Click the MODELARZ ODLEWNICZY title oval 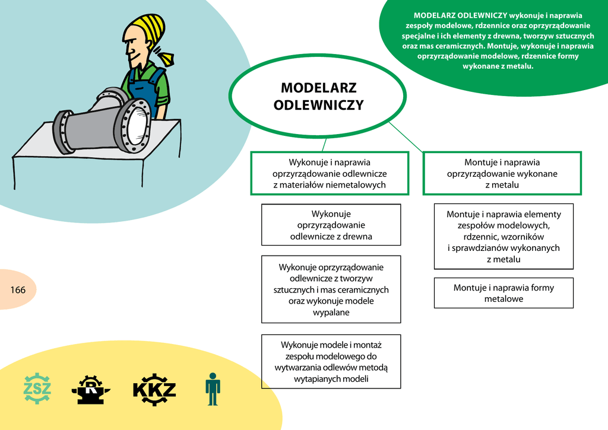318,96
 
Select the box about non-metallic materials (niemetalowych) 330,173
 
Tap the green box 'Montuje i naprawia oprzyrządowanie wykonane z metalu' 502,173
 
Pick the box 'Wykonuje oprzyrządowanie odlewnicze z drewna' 331,225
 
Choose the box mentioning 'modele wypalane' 331,289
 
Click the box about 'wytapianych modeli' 331,361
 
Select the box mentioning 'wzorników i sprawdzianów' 503,236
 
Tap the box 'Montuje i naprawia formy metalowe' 503,293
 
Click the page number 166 18,290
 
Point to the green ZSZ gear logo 37,388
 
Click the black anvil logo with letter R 91,389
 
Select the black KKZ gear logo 154,389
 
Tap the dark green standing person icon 213,389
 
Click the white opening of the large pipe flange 138,125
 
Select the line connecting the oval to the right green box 406,137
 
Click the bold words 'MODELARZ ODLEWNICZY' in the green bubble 460,15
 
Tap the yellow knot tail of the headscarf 167,59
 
